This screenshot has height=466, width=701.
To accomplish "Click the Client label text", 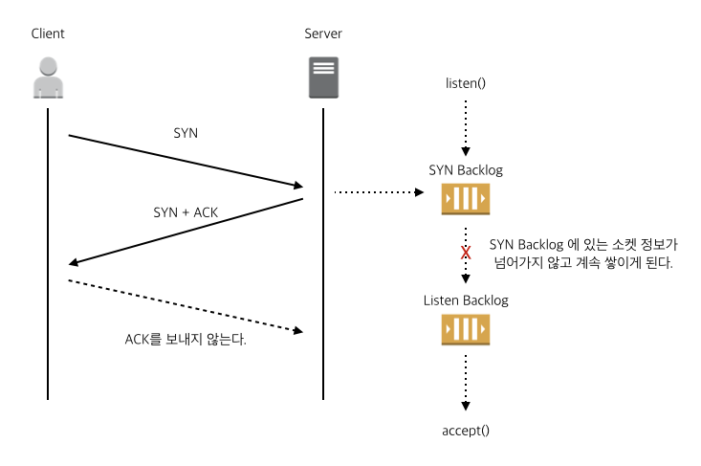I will click(48, 34).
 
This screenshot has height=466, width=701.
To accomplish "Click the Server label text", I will click(322, 34).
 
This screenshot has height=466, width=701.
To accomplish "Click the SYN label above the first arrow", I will click(186, 133).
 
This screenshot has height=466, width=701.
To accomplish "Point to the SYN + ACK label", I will click(185, 211).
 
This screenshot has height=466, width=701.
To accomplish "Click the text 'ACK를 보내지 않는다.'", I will click(186, 340).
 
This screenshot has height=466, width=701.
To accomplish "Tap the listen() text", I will click(466, 82).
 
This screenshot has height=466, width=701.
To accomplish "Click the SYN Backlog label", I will click(466, 170).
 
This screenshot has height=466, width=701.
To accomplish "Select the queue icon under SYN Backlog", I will click(466, 200).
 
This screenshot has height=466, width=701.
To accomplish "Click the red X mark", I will click(466, 254).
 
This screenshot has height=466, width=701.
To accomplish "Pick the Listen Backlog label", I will click(466, 300).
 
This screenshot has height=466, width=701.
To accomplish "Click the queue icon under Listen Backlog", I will click(466, 329).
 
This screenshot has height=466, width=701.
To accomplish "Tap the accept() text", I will click(466, 430).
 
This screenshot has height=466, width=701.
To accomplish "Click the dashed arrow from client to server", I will click(186, 306).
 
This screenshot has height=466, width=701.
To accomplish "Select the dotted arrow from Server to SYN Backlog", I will click(378, 192).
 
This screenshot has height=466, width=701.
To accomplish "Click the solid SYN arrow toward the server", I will click(186, 161).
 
